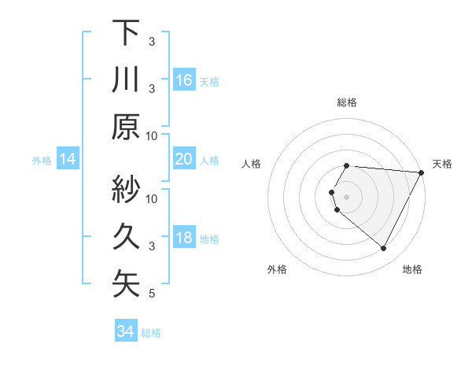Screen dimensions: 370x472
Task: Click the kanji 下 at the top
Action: (126, 32)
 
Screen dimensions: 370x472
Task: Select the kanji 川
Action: (126, 80)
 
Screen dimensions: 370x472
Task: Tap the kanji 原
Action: (126, 127)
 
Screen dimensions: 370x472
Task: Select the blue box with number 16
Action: (184, 80)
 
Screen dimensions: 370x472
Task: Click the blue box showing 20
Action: (184, 160)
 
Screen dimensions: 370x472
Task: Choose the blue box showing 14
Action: (68, 160)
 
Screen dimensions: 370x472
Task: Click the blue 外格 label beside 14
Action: (42, 161)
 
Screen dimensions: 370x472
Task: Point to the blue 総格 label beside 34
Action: (151, 333)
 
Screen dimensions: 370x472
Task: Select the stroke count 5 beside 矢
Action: (152, 294)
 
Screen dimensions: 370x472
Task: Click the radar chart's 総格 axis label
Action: (347, 102)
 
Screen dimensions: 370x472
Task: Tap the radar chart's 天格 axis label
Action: (442, 164)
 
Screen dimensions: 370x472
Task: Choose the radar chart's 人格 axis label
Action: (252, 164)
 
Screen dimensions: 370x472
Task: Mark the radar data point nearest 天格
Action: (422, 172)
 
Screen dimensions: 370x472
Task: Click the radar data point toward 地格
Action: (384, 249)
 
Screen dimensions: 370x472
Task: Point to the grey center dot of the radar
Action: (347, 195)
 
